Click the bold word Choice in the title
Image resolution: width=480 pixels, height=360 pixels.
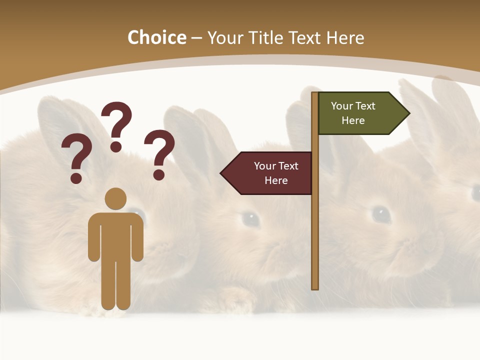[156, 37]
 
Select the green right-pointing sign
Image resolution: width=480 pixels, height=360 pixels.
[360, 113]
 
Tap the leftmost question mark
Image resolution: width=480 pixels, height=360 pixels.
[76, 157]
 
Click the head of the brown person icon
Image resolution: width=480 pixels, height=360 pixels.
[115, 198]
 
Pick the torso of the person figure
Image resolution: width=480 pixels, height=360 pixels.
[115, 235]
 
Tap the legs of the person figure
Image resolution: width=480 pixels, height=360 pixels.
[115, 285]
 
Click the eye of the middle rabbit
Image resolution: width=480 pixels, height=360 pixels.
[250, 218]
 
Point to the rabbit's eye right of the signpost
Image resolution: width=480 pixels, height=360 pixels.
[381, 214]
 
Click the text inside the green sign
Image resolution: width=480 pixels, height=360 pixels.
[353, 113]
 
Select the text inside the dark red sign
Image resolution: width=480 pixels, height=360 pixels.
[276, 173]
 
